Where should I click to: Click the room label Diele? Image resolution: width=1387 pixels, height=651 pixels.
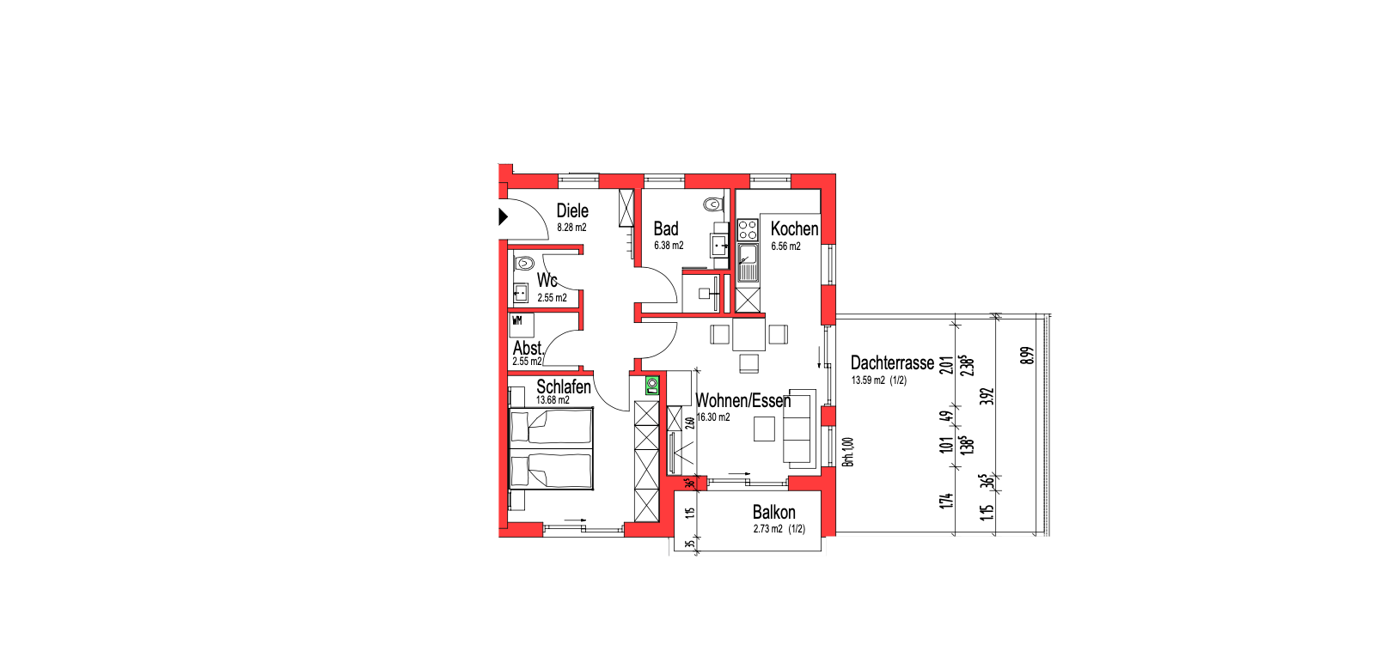pyautogui.click(x=572, y=211)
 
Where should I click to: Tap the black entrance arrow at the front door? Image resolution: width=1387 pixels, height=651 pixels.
pyautogui.click(x=504, y=216)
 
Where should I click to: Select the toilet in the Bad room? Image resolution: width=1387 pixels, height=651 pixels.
pyautogui.click(x=714, y=203)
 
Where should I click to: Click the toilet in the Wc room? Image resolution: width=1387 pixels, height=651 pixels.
pyautogui.click(x=524, y=263)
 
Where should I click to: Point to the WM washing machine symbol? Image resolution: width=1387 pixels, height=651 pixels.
pyautogui.click(x=522, y=325)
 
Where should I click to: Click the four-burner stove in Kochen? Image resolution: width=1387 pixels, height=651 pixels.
pyautogui.click(x=748, y=229)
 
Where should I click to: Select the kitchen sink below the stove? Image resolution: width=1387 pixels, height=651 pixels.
pyautogui.click(x=748, y=263)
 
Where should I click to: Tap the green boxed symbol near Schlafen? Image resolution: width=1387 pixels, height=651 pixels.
pyautogui.click(x=651, y=386)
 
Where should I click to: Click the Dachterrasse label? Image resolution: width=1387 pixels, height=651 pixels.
pyautogui.click(x=892, y=362)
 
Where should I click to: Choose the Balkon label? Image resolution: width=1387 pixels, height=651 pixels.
pyautogui.click(x=774, y=513)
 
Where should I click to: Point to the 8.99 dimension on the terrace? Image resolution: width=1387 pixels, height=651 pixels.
pyautogui.click(x=1027, y=356)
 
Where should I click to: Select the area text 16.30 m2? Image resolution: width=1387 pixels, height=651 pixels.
pyautogui.click(x=713, y=417)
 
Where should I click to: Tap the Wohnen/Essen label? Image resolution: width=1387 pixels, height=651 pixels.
pyautogui.click(x=743, y=401)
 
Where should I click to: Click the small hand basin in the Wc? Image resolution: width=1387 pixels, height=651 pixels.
pyautogui.click(x=521, y=292)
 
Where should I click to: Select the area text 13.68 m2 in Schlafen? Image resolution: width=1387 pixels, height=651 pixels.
pyautogui.click(x=553, y=400)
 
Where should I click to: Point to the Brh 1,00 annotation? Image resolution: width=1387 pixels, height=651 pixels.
pyautogui.click(x=848, y=452)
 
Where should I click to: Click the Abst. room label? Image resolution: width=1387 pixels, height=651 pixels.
pyautogui.click(x=528, y=348)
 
